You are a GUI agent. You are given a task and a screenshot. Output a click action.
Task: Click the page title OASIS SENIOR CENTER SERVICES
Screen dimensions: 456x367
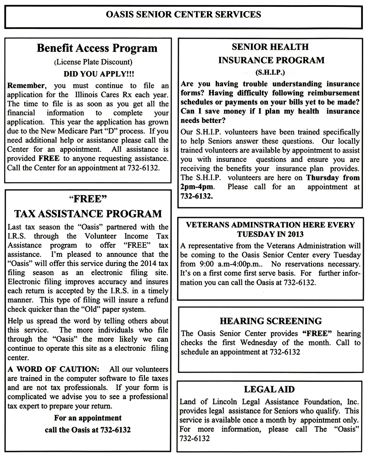(183, 14)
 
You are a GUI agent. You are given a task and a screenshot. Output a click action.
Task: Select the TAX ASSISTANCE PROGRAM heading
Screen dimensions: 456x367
(88, 213)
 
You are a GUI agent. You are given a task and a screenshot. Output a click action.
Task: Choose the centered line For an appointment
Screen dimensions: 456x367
(88, 418)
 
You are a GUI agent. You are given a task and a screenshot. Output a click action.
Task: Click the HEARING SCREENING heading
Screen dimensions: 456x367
(270, 321)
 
